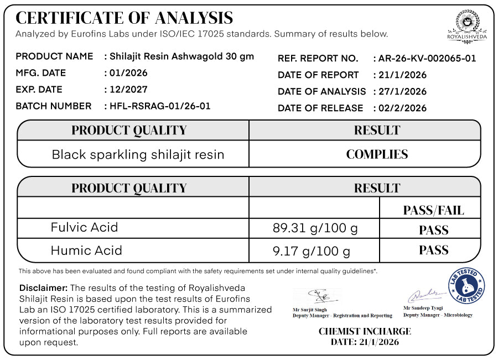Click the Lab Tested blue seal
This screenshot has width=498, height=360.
coord(466,285)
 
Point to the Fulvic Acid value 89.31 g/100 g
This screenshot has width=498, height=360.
coord(315,228)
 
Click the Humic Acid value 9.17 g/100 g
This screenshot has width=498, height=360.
coord(312,252)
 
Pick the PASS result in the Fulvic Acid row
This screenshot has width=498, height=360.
coord(433,229)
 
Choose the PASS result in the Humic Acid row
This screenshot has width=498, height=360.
coord(433,250)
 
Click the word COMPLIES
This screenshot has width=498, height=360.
coord(377,154)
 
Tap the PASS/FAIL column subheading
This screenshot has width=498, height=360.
coord(433,210)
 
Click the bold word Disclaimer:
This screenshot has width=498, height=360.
coord(44,288)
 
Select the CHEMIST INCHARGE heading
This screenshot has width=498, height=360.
coord(365,332)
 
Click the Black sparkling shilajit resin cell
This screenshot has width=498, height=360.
coord(138,155)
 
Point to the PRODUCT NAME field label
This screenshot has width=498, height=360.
coord(54,56)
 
